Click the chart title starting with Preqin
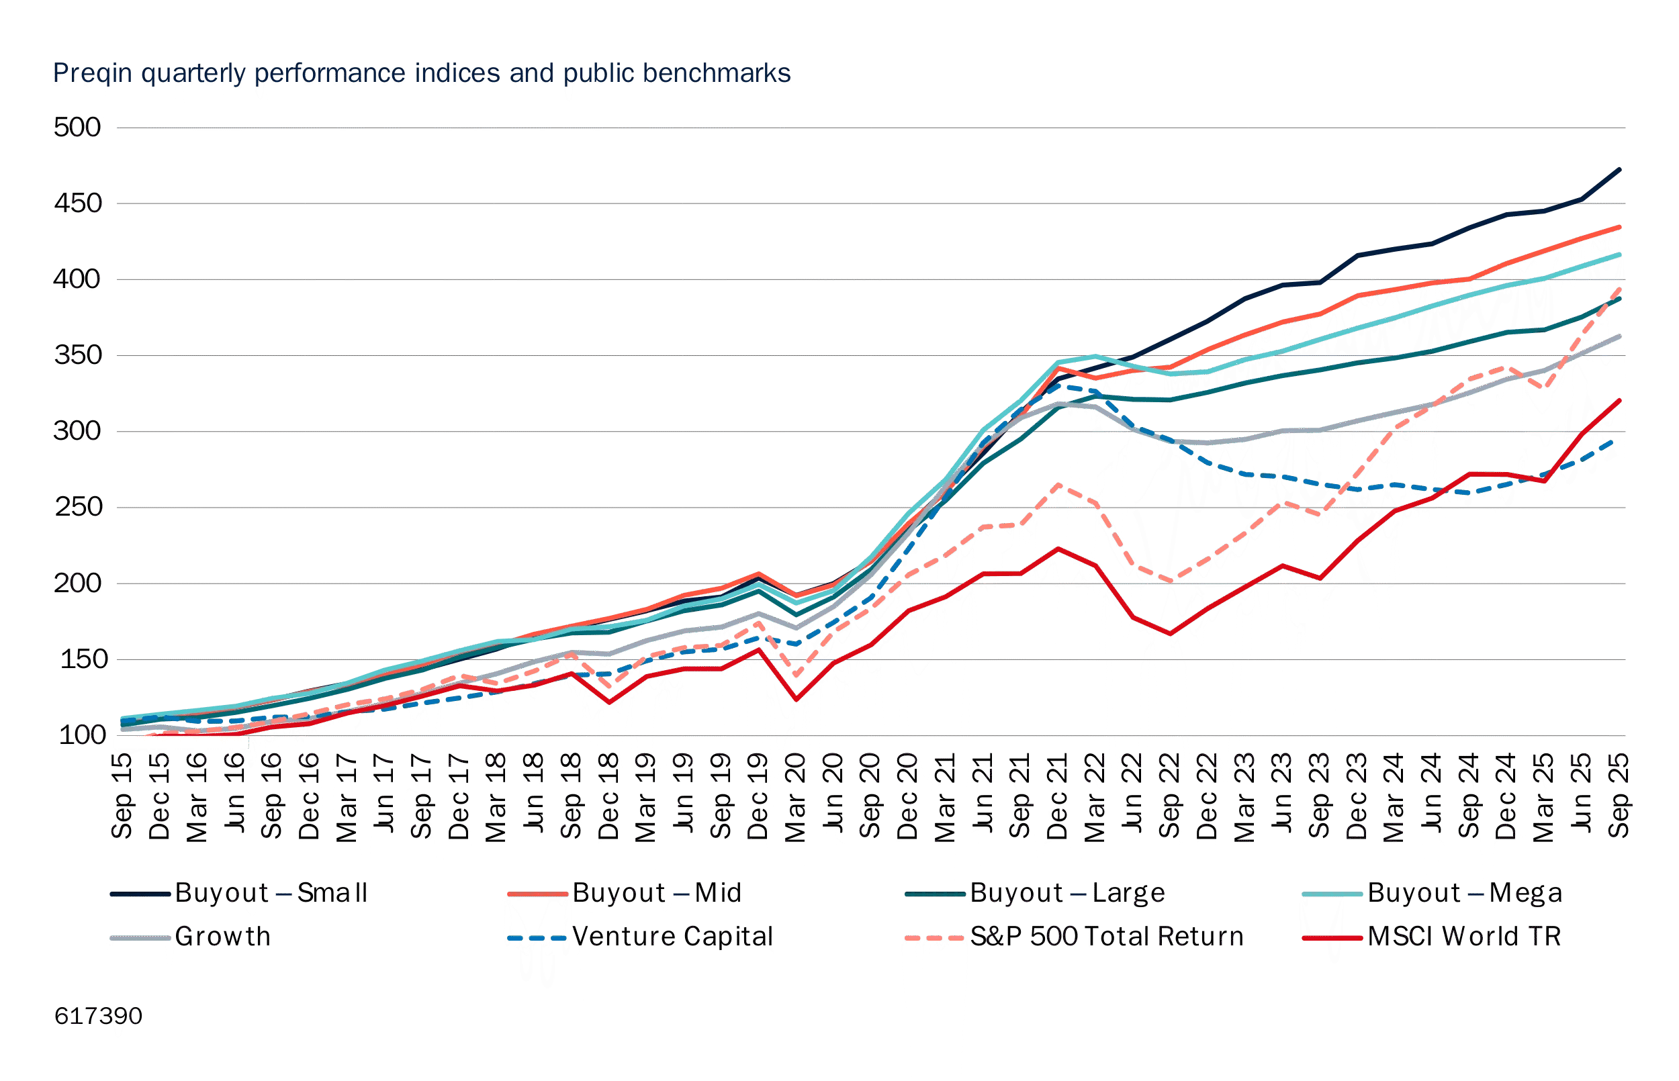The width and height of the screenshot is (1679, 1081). (x=421, y=74)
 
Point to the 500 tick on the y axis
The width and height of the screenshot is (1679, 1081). (x=77, y=128)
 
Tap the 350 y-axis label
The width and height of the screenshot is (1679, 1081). (x=77, y=356)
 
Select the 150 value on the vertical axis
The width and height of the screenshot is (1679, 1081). (x=83, y=660)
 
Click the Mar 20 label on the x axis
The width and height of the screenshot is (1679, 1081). (x=795, y=798)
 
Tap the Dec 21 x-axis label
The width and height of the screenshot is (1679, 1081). (x=1057, y=798)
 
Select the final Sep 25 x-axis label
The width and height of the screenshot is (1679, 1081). (x=1619, y=796)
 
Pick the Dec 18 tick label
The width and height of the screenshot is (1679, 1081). (x=608, y=798)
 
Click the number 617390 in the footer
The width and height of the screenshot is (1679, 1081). (x=98, y=1017)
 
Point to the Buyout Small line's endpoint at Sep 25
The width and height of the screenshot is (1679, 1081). (x=1619, y=169)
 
